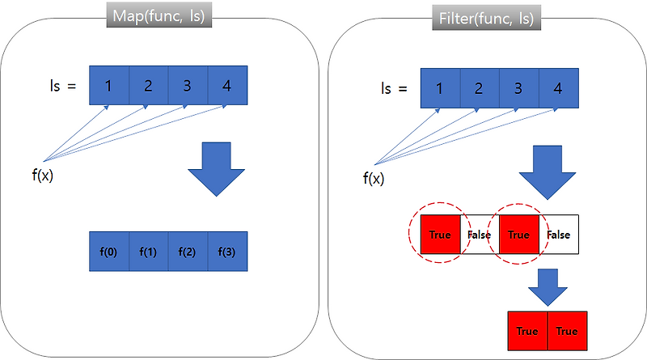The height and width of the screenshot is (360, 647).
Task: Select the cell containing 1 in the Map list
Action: pos(108,85)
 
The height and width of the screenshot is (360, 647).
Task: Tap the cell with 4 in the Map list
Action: pos(226,85)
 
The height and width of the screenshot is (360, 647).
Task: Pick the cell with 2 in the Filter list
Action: pos(479,87)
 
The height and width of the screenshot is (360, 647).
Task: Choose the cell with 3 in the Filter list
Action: pos(518,87)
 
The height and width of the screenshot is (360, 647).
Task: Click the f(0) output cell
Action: pos(108,251)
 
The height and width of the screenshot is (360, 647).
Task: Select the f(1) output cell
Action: pos(148,251)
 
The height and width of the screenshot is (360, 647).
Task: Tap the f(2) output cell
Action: pos(188,251)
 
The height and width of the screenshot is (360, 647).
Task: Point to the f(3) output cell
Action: pos(227,251)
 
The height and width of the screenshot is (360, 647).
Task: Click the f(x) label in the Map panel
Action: pos(43,175)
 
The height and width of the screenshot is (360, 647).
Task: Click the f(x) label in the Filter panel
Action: pos(374,177)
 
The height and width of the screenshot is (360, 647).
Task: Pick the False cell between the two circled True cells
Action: pos(479,235)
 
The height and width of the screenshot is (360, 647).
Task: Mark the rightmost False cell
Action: pos(558,235)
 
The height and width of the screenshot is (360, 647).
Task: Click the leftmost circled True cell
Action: pos(439,235)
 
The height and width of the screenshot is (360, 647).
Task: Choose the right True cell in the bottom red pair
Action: pos(567,331)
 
